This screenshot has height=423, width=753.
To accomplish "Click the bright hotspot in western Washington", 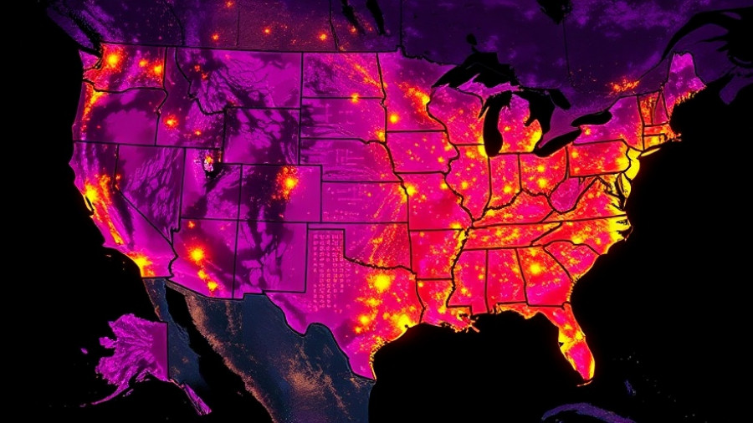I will click(111, 60).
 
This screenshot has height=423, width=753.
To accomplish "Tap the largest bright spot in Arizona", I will click(197, 252).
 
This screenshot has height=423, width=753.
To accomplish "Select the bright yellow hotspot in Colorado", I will click(289, 183).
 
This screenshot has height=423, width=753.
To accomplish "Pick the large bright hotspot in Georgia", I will click(535, 269).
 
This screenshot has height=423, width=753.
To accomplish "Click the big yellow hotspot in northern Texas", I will click(382, 283).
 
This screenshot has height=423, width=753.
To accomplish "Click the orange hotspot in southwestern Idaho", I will click(172, 122).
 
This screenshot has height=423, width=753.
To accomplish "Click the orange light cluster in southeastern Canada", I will click(623, 84).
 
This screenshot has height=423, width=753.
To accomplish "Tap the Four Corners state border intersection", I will click(235, 219).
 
